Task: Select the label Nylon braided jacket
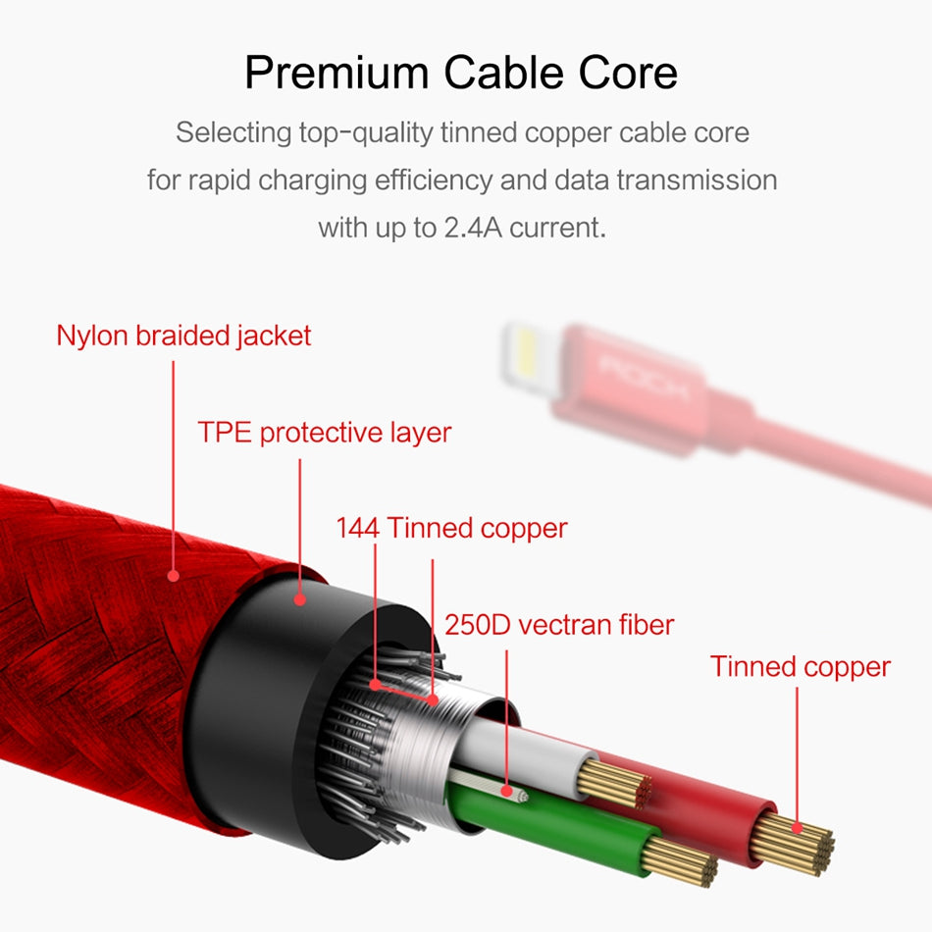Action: tap(183, 336)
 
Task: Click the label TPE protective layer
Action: tap(325, 433)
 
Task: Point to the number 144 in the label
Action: tap(357, 529)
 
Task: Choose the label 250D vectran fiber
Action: tap(559, 624)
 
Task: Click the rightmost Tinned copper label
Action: tap(801, 667)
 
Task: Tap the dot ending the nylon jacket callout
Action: tap(174, 575)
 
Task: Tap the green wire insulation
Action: tap(569, 824)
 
